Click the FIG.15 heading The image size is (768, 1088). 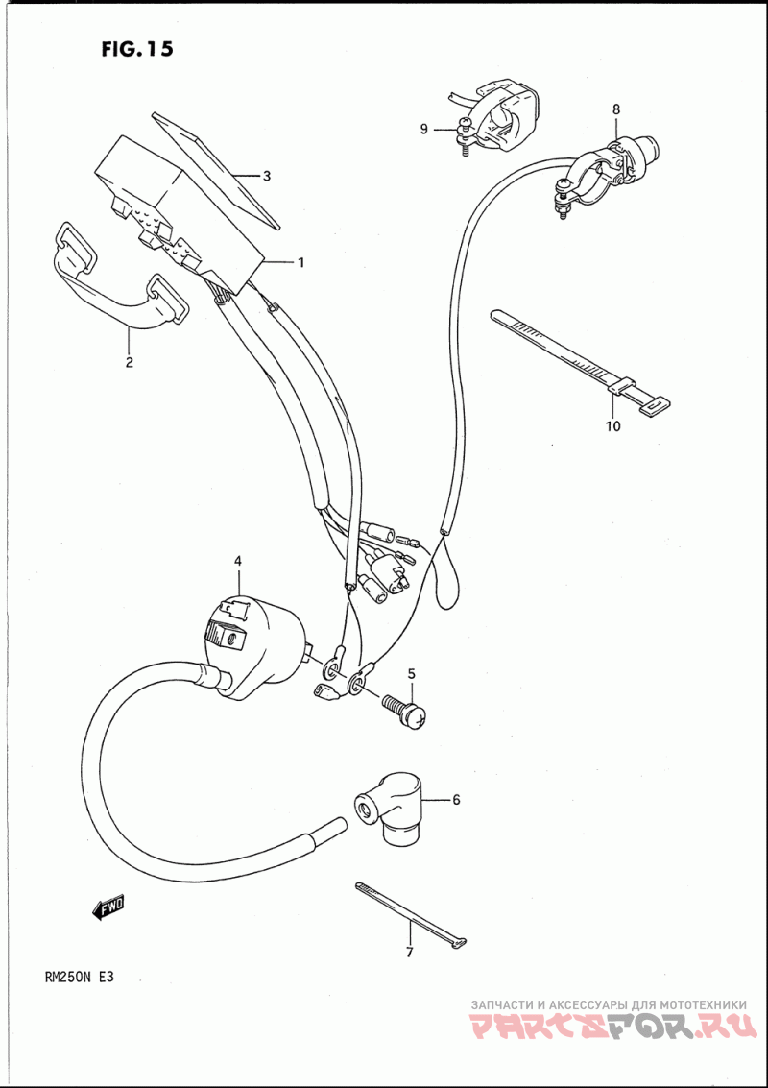[136, 50]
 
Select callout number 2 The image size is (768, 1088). [129, 362]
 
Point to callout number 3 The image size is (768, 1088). [267, 176]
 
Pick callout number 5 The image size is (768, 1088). [411, 673]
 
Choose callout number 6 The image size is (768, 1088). [456, 799]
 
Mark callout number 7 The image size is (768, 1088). [408, 953]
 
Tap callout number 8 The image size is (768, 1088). [616, 110]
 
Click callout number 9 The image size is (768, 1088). [423, 130]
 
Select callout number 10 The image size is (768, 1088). [613, 425]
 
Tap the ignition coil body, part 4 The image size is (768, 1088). [259, 639]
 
